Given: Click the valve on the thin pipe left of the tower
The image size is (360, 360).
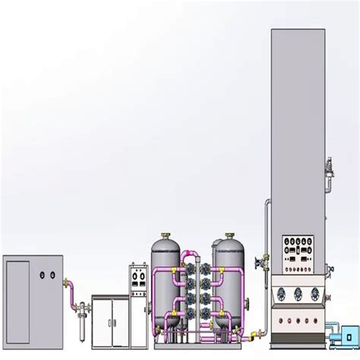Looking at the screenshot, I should click(x=261, y=266).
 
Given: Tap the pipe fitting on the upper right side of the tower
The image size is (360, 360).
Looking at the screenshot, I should click(x=329, y=167).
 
